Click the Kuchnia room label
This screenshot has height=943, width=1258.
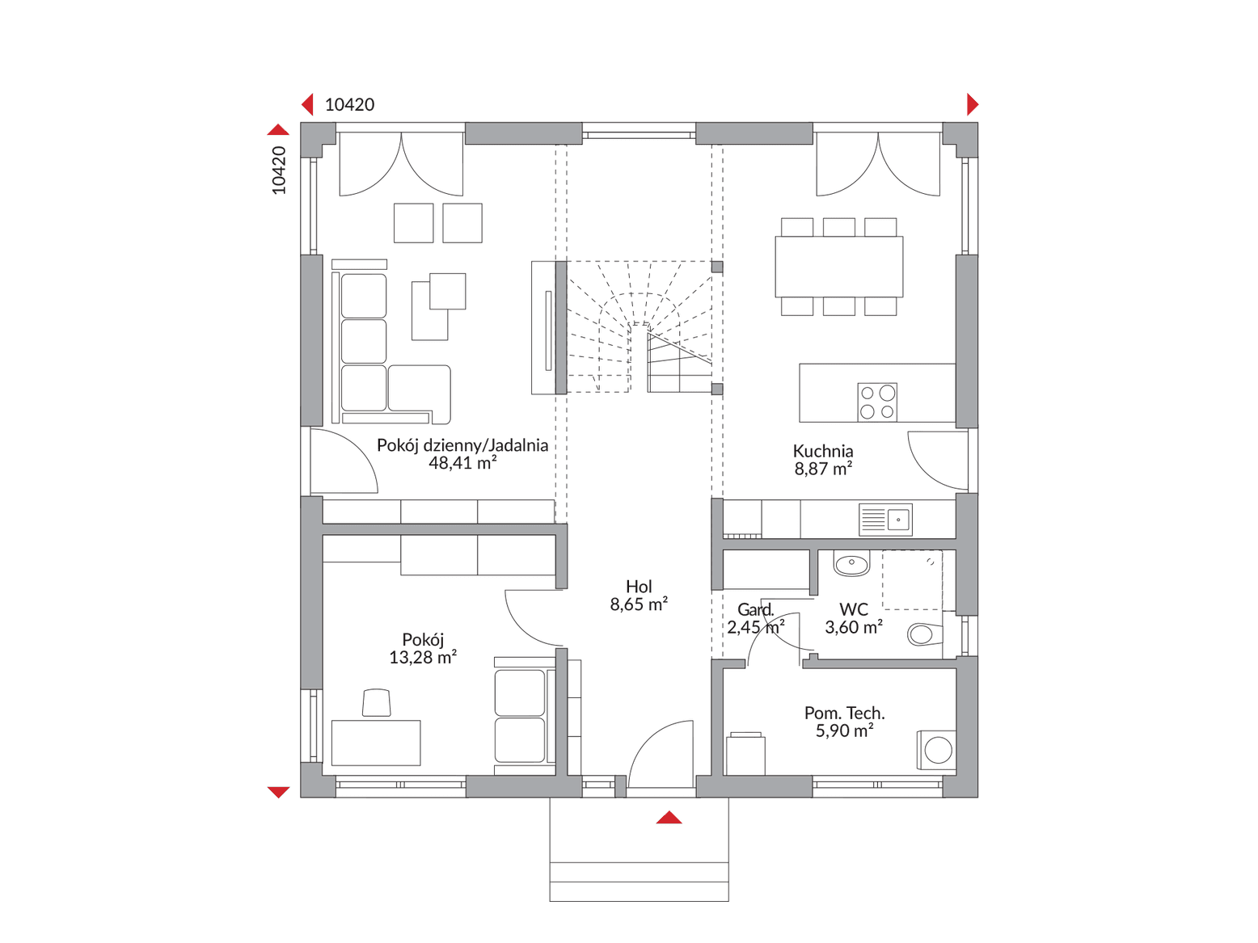822,451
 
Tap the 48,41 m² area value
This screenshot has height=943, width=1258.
462,463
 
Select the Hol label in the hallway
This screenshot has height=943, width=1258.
639,587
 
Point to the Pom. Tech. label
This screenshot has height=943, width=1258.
844,713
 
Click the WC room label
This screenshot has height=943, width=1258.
854,609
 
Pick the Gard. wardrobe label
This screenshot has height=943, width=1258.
755,609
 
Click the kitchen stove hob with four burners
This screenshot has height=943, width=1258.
877,402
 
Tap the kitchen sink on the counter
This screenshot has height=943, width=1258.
885,520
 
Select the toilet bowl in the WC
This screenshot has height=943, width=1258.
924,634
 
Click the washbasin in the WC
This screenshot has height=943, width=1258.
851,563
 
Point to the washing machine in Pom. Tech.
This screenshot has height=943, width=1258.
936,750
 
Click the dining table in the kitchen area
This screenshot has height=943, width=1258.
838,267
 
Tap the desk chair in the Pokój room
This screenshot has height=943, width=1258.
376,702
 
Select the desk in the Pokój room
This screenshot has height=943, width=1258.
375,743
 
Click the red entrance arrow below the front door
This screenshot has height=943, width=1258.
669,818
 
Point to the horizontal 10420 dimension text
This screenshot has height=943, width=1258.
349,105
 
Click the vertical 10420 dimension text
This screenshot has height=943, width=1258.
279,170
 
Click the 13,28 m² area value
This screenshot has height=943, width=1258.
423,657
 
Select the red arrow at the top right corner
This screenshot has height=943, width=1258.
973,105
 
